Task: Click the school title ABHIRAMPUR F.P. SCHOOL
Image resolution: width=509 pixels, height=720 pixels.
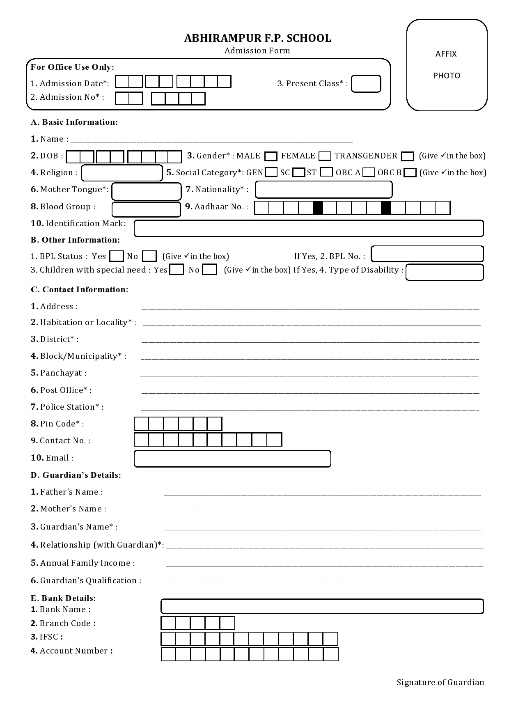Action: [x=257, y=38]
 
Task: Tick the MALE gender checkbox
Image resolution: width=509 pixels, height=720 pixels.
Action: [x=271, y=156]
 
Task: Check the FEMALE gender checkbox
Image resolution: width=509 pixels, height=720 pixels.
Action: [x=325, y=156]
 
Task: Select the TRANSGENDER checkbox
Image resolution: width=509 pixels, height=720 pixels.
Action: [x=407, y=156]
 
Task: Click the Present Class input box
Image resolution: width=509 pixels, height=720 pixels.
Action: [x=366, y=84]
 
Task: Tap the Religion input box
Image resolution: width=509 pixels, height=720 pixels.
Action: [x=122, y=173]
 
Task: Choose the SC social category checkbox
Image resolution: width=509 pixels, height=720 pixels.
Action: [x=299, y=172]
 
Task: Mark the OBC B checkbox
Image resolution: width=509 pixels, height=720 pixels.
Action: [x=410, y=172]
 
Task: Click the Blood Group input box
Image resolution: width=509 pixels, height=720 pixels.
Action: [x=146, y=209]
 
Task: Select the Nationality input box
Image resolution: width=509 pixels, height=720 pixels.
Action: [x=323, y=190]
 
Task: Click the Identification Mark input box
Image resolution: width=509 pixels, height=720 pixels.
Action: [x=309, y=228]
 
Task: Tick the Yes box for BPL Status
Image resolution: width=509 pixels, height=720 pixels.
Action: [x=117, y=256]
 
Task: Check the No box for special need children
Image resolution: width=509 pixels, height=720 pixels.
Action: [x=209, y=270]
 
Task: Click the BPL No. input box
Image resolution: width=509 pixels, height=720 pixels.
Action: [x=427, y=254]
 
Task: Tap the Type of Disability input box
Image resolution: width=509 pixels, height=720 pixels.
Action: [x=445, y=272]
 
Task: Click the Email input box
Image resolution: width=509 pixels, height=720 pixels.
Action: [x=232, y=459]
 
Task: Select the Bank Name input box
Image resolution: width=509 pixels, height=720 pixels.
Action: [x=322, y=606]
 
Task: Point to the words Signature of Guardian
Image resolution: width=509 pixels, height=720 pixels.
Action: [x=440, y=682]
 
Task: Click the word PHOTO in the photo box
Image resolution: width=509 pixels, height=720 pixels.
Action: [x=447, y=76]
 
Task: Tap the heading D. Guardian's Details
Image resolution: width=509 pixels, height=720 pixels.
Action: [x=76, y=475]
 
